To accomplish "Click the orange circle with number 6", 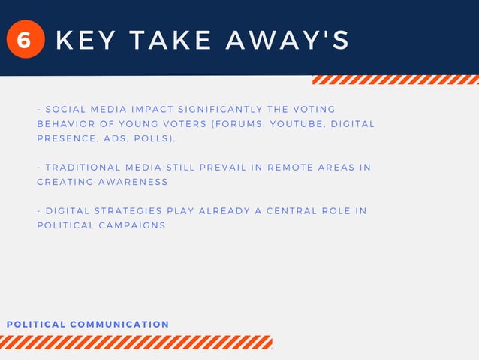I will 24,40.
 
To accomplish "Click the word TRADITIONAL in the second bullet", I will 83,168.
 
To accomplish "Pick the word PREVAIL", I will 233,168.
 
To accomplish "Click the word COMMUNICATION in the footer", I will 119,325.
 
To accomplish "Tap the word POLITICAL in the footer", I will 36,325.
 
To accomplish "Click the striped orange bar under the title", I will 395,80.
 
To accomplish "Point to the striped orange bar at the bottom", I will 136,343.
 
